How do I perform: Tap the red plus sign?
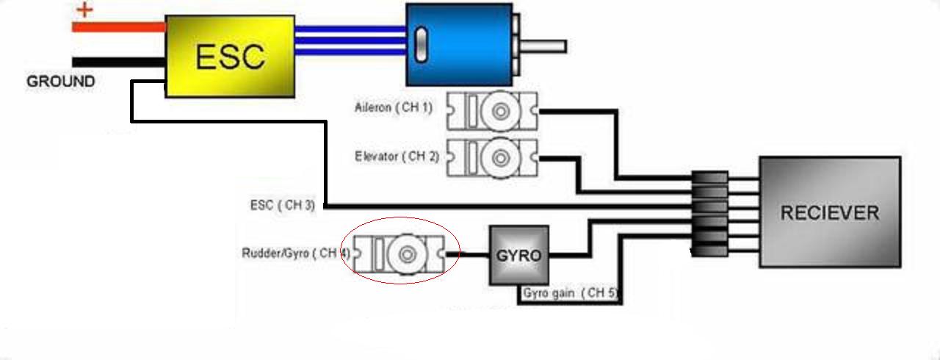[x=86, y=10]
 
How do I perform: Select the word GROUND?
[x=61, y=82]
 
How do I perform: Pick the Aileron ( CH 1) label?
[x=393, y=107]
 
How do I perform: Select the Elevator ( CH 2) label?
[x=397, y=156]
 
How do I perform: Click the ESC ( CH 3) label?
[x=283, y=205]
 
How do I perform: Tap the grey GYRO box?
[x=518, y=256]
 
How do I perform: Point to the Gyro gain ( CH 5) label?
[x=570, y=293]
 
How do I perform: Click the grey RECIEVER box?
[x=829, y=212]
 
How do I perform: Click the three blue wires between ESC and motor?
[x=350, y=41]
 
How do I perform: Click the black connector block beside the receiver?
[x=710, y=214]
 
